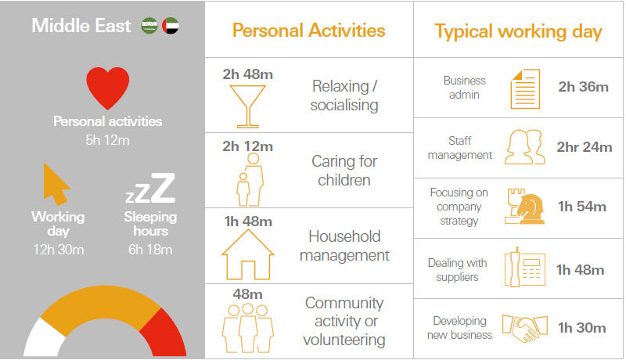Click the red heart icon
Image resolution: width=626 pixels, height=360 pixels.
tap(108, 87)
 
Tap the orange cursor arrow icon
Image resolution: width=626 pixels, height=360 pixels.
tap(56, 185)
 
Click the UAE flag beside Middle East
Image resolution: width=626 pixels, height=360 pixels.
tap(171, 26)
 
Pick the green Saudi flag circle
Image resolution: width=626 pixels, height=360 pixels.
tap(149, 26)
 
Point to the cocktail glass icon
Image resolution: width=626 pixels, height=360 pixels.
tap(248, 106)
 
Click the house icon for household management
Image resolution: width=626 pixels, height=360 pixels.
tap(248, 254)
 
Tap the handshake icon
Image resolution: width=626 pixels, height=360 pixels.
tap(524, 328)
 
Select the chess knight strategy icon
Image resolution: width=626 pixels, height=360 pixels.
tap(524, 207)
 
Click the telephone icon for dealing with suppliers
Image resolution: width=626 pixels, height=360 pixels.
tap(524, 267)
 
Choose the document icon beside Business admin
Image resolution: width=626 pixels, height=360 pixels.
tap(525, 88)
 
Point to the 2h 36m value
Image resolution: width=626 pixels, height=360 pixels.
tap(583, 87)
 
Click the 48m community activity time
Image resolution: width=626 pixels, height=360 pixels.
tap(247, 294)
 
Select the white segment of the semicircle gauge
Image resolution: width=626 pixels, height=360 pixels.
tap(44, 338)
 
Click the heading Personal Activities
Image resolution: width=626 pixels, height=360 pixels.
tap(308, 31)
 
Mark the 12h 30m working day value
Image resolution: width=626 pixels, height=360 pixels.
tap(58, 250)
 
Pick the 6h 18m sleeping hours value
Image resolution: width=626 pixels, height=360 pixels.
tap(150, 250)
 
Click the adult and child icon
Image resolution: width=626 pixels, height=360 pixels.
tap(250, 179)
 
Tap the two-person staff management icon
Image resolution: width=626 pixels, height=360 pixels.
tap(524, 147)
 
